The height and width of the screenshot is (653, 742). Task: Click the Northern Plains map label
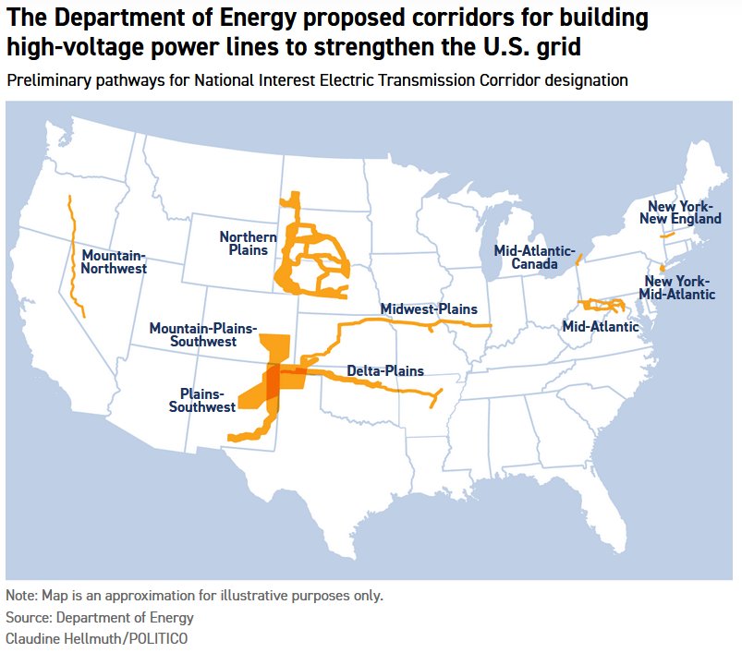[x=248, y=244]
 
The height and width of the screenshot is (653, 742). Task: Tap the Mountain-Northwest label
[x=114, y=261]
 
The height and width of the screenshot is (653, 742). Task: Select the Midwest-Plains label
[x=429, y=308]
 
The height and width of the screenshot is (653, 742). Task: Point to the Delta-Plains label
[x=385, y=371]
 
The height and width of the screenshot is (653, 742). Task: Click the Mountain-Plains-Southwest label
[x=204, y=334]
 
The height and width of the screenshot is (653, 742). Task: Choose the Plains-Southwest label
[x=202, y=399]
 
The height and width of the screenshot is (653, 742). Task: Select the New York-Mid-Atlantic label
[x=679, y=287]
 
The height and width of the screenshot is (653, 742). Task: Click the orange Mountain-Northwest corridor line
[x=75, y=259]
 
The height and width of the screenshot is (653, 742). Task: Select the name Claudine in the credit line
[x=32, y=638]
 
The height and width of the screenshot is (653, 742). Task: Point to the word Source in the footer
[x=26, y=617]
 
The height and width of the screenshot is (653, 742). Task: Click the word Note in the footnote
[x=20, y=595]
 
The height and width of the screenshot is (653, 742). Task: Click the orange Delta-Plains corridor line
[x=388, y=387]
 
